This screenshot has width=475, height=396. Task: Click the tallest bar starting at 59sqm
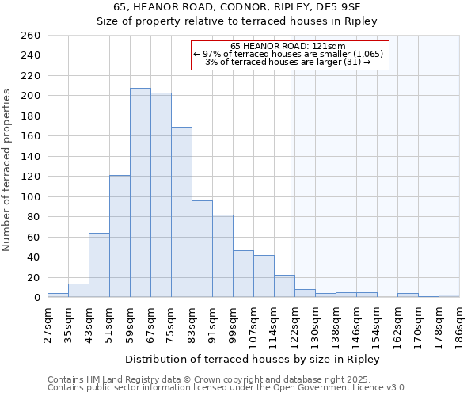pos(140,192)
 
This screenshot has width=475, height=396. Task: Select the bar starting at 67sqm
pos(161,195)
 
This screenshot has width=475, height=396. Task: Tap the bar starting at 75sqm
pos(181,211)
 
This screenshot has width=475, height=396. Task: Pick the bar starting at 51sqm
pos(120,236)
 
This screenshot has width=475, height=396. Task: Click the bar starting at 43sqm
pos(99,265)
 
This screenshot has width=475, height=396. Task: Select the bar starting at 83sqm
pos(202,249)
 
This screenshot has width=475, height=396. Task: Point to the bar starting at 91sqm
pos(222,256)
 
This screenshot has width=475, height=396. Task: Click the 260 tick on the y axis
pos(30,36)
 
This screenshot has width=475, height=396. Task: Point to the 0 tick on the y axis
pos(36,298)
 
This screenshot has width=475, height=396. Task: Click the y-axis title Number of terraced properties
pos(8,170)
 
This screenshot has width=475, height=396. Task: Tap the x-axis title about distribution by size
pos(253,360)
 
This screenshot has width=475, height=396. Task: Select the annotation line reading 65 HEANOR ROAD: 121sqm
pos(288,46)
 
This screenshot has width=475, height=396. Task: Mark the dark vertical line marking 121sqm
pos(292,182)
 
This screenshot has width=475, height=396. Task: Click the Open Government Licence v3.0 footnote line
pos(227,388)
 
